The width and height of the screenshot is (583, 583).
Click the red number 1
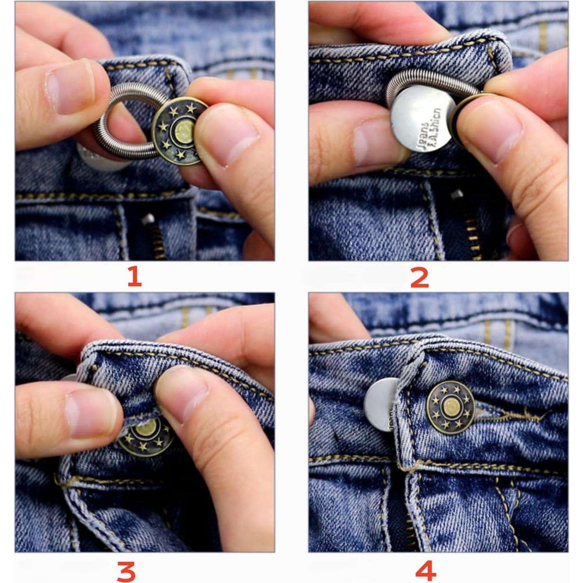coord(135,277)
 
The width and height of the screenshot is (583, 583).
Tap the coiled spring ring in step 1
coord(120,120)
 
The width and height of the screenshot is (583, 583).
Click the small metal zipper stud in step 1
coord(148,219)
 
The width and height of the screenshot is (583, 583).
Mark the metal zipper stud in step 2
coord(456,195)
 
